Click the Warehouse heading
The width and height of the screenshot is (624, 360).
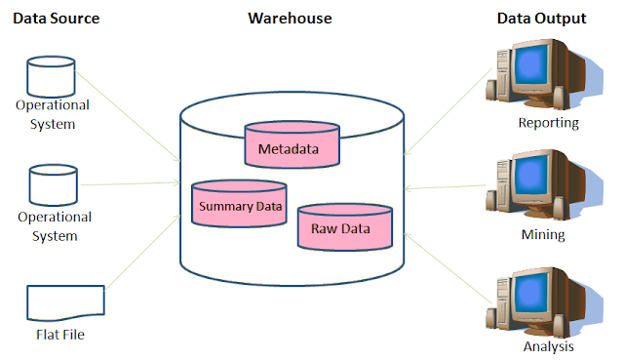pyautogui.click(x=290, y=19)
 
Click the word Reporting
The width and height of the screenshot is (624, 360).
pyautogui.click(x=549, y=124)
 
